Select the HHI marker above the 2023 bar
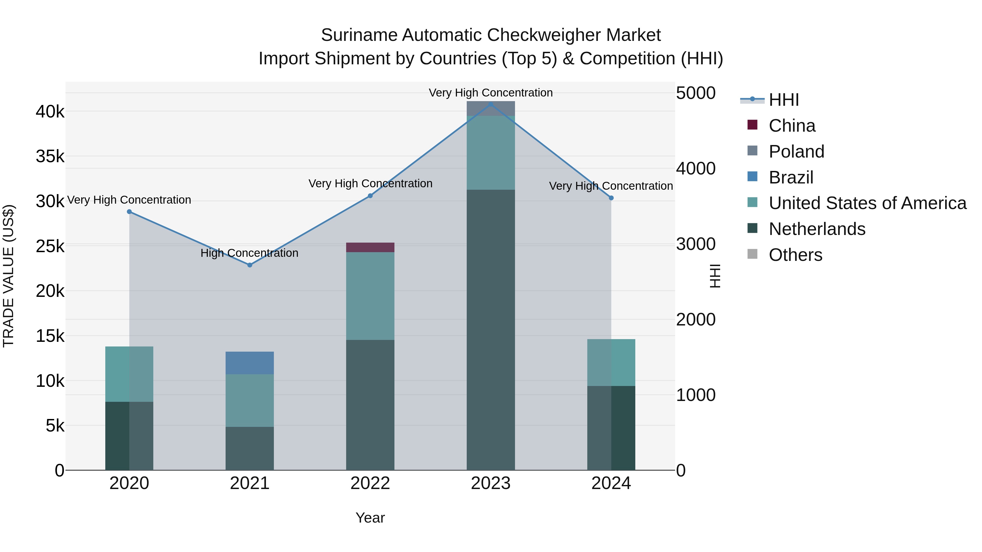[491, 104]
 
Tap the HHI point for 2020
[129, 212]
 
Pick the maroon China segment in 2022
[370, 248]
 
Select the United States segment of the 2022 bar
[370, 296]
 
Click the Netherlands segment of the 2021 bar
[250, 448]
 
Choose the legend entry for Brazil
[791, 177]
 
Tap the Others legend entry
[795, 255]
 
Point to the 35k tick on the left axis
[50, 156]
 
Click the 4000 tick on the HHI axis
[696, 169]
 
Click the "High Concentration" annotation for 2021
[249, 253]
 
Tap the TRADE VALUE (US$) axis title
[8, 276]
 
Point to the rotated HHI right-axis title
[715, 276]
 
